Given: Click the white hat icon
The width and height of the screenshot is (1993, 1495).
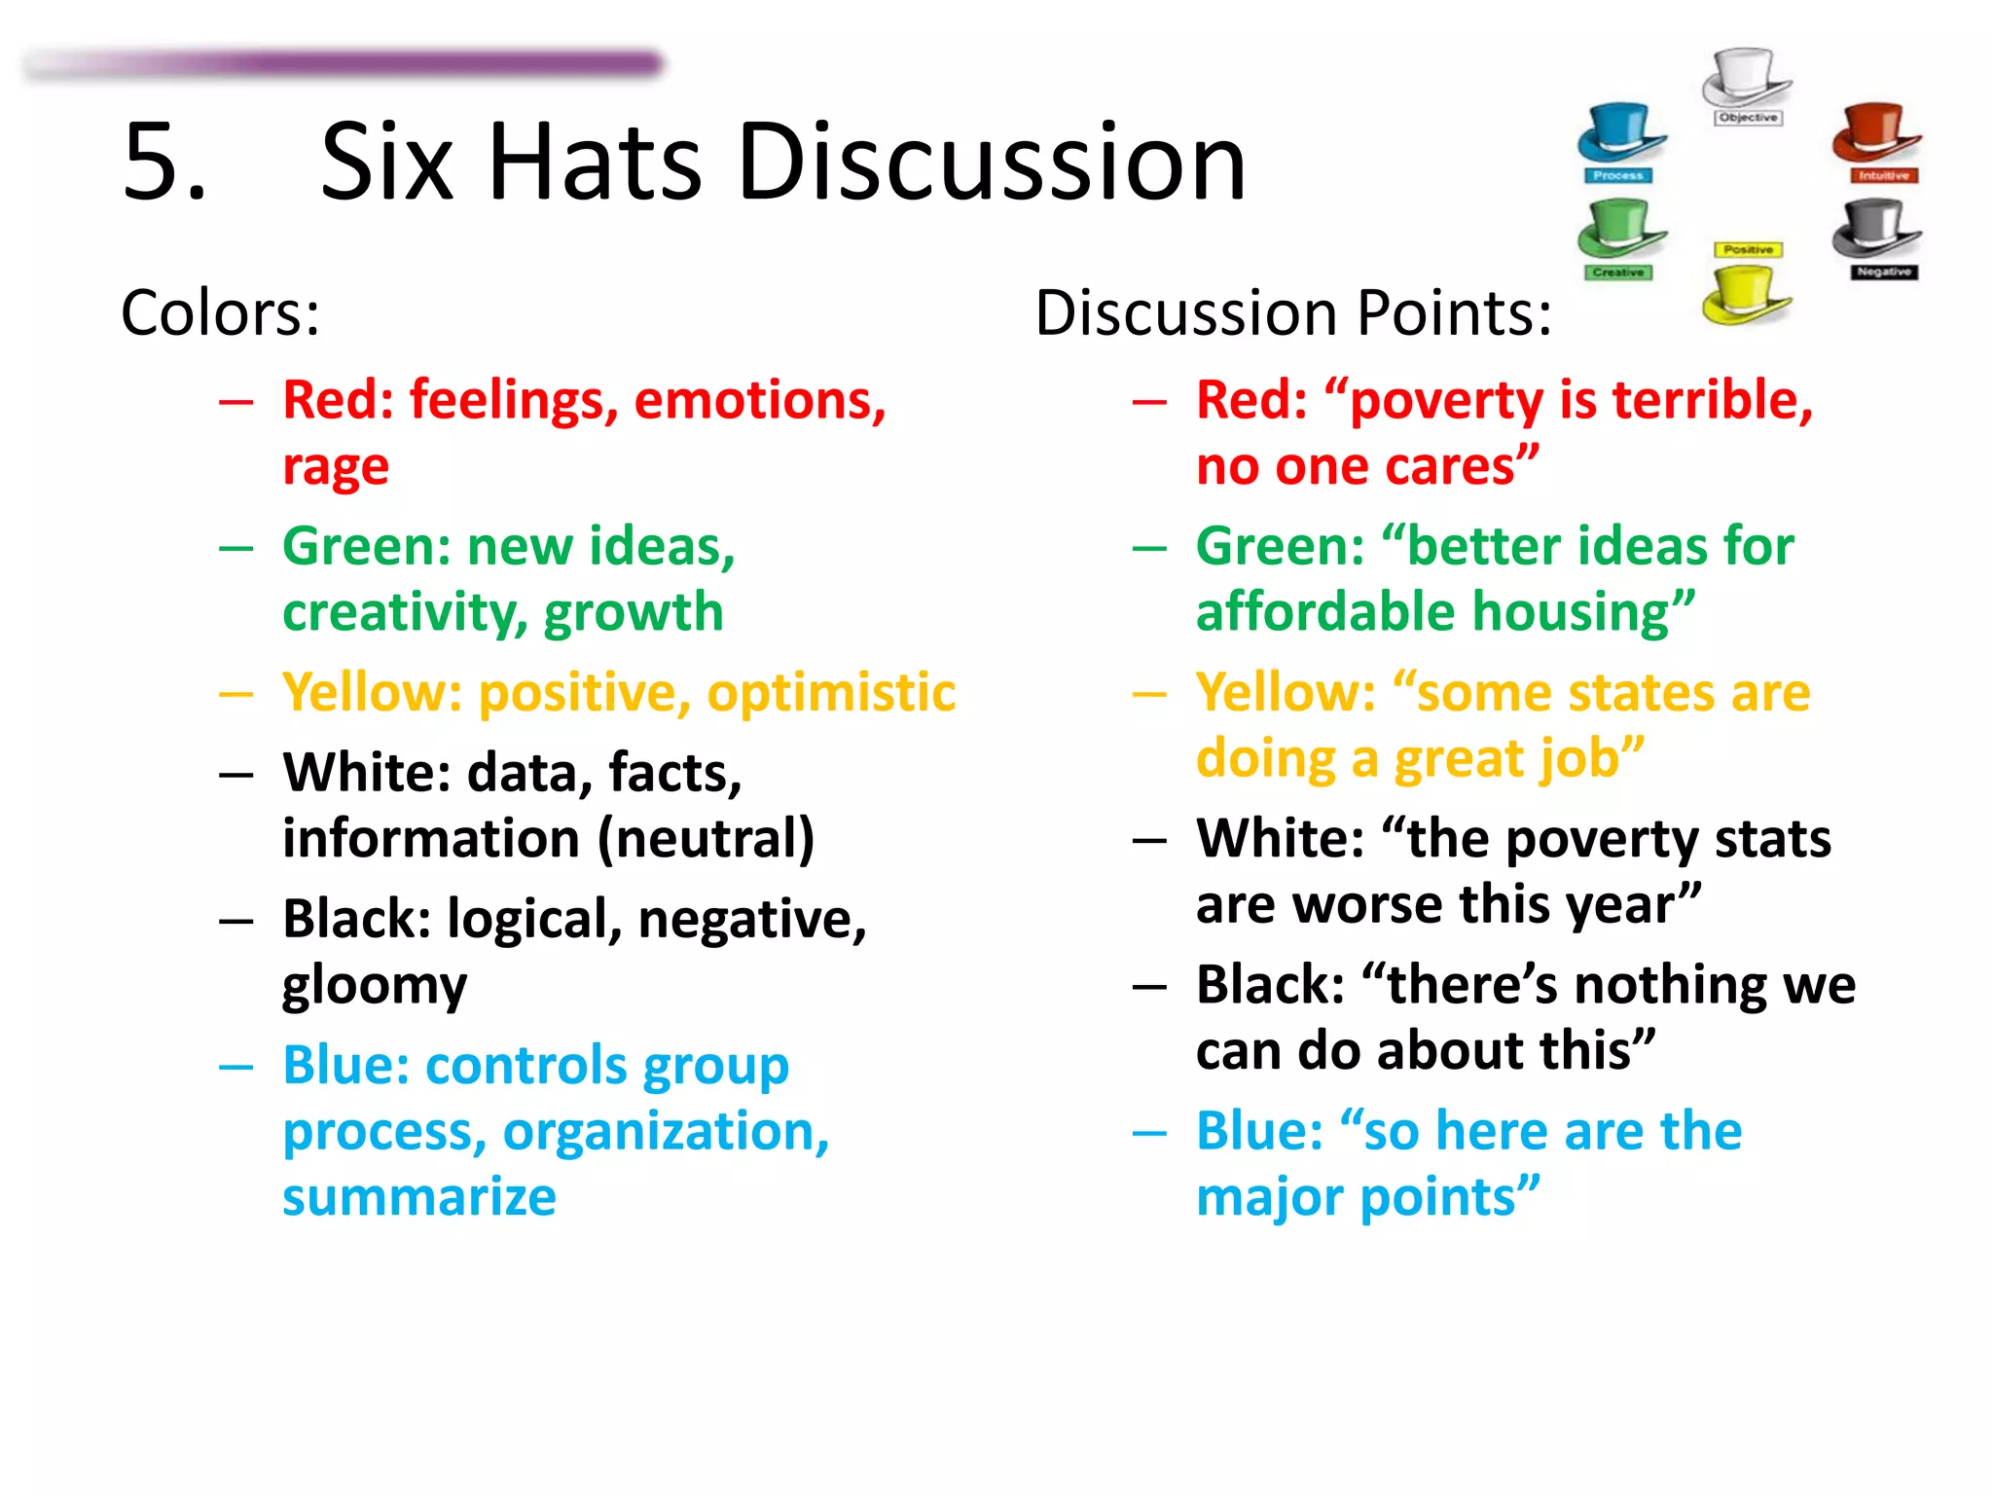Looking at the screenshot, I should click(1746, 77).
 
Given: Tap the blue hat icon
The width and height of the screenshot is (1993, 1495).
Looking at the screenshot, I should click(1620, 132).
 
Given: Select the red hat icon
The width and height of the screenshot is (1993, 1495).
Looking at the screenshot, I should click(1875, 132).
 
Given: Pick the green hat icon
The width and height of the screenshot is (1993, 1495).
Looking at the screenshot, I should click(1620, 230).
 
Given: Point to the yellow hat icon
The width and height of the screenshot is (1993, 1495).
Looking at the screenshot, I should click(1746, 295).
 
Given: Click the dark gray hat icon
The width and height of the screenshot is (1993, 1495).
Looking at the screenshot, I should click(1875, 230).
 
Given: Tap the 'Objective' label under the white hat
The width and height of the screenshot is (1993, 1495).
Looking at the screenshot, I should click(1748, 118).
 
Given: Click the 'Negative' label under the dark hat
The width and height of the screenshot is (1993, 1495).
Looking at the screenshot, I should click(1883, 273).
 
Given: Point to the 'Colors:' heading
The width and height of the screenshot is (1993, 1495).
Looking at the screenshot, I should click(220, 313).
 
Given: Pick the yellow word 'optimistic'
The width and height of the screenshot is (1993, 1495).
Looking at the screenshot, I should click(831, 693).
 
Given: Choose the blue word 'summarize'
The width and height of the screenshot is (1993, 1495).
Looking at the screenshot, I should click(419, 1197).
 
